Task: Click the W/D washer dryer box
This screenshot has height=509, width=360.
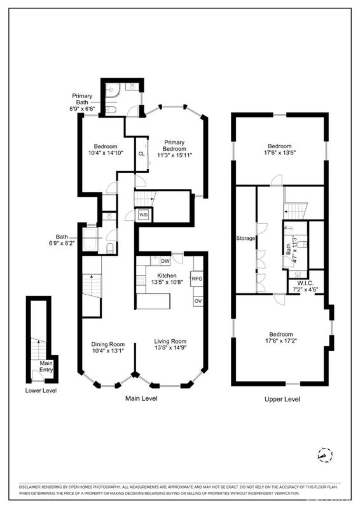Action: [x=143, y=214]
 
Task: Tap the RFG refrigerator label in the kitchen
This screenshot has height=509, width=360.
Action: [x=197, y=279]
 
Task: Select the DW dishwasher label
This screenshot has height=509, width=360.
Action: [x=165, y=261]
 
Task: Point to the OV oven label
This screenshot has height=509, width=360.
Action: [x=198, y=301]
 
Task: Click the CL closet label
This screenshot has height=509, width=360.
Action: [x=141, y=154]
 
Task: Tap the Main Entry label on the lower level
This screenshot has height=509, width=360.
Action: [x=46, y=366]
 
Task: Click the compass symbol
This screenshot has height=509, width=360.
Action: [x=325, y=455]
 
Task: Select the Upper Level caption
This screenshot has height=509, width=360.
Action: [x=282, y=399]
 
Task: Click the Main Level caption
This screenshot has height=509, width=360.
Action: [x=141, y=398]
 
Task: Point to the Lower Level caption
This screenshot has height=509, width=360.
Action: [x=41, y=391]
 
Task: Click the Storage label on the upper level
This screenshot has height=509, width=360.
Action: [x=246, y=238]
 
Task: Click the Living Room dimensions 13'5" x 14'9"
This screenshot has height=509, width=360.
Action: [x=170, y=347]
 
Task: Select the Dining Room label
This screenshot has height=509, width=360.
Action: [x=107, y=344]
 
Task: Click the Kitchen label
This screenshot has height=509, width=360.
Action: [x=167, y=275]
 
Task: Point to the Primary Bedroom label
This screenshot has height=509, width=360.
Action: [x=174, y=146]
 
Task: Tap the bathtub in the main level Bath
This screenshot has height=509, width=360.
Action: [x=90, y=240]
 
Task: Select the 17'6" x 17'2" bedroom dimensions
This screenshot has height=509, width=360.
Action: [x=281, y=340]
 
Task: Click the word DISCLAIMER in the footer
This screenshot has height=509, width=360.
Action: [x=29, y=487]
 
